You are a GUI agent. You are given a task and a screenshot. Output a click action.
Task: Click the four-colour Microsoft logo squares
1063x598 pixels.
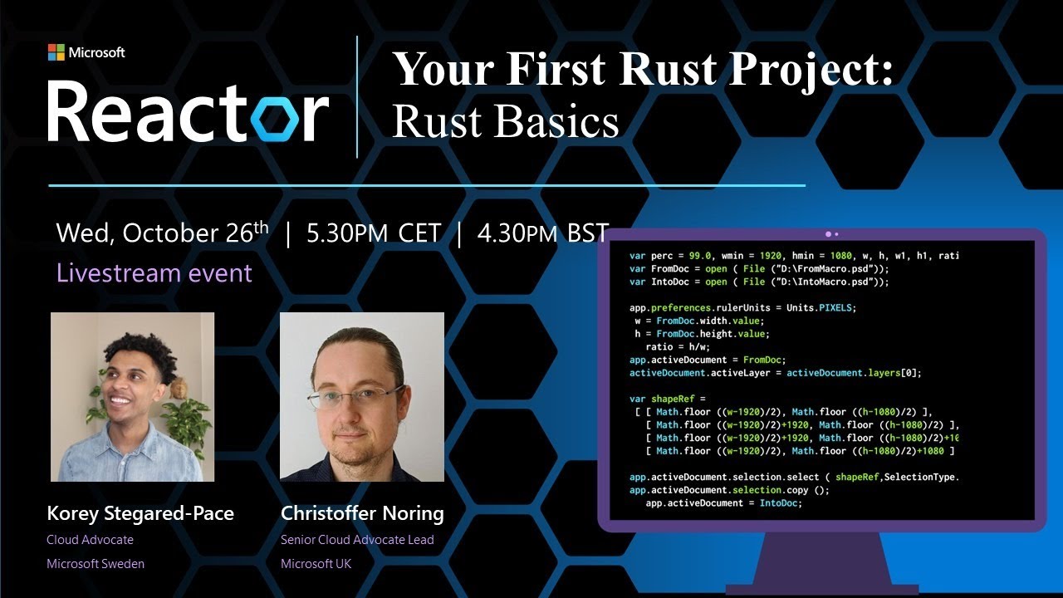coord(56,52)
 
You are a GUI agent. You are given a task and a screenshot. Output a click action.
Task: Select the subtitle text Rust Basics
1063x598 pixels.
coord(505,121)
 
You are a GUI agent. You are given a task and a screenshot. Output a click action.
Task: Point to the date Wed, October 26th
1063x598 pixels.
coord(163,233)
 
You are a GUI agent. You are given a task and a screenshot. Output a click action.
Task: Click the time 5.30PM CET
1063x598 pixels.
coord(374,234)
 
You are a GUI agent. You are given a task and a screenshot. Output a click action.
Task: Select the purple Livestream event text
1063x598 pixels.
coord(154,273)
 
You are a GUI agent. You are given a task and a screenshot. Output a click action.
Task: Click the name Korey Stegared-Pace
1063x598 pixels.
coord(140,514)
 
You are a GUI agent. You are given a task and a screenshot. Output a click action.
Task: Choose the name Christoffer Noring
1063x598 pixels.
coord(362,514)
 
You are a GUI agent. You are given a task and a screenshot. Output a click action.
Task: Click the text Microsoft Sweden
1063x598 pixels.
coord(96,564)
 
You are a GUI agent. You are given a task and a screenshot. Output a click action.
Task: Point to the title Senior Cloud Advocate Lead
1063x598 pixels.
coord(357,540)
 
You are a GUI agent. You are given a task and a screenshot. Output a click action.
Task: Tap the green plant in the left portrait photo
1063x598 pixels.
coord(189,419)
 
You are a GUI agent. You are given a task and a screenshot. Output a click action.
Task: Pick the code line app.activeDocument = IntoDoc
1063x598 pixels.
coord(723,502)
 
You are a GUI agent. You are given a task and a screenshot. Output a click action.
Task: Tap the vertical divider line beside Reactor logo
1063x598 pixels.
coord(357,96)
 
